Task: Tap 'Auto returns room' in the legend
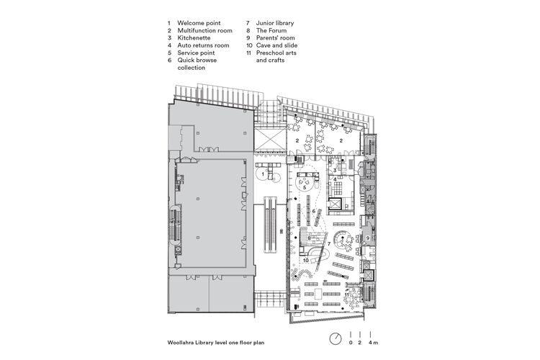tap(203, 46)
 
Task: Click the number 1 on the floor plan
tap(264, 174)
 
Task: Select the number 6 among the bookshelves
tap(314, 211)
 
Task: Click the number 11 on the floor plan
tap(346, 294)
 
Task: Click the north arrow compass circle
tap(336, 339)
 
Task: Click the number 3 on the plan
tap(335, 171)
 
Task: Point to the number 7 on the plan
tap(329, 246)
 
